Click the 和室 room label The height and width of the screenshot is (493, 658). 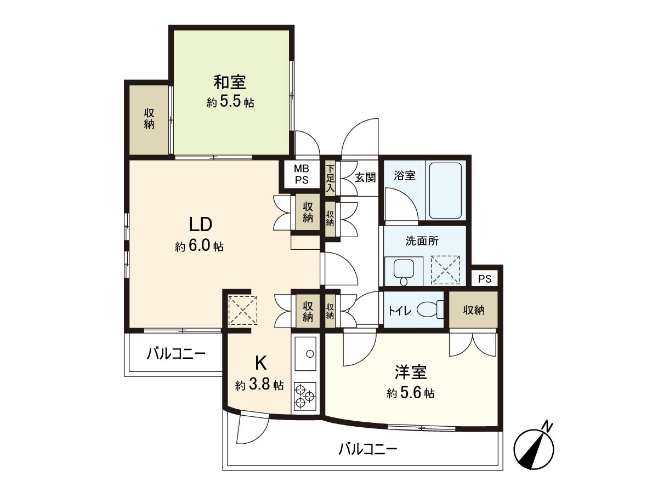click(x=230, y=83)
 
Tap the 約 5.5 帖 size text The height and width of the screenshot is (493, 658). click(x=230, y=102)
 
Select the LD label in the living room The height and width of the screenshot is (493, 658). click(x=200, y=225)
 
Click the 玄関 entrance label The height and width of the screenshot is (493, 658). click(x=365, y=177)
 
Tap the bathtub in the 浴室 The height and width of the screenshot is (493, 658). click(x=445, y=190)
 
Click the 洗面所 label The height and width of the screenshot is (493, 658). click(x=422, y=240)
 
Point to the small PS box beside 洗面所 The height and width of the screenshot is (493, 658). click(x=485, y=279)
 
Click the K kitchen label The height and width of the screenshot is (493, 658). click(x=260, y=363)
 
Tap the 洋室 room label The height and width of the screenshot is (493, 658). click(x=410, y=372)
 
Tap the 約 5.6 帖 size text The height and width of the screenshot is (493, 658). click(x=410, y=393)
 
